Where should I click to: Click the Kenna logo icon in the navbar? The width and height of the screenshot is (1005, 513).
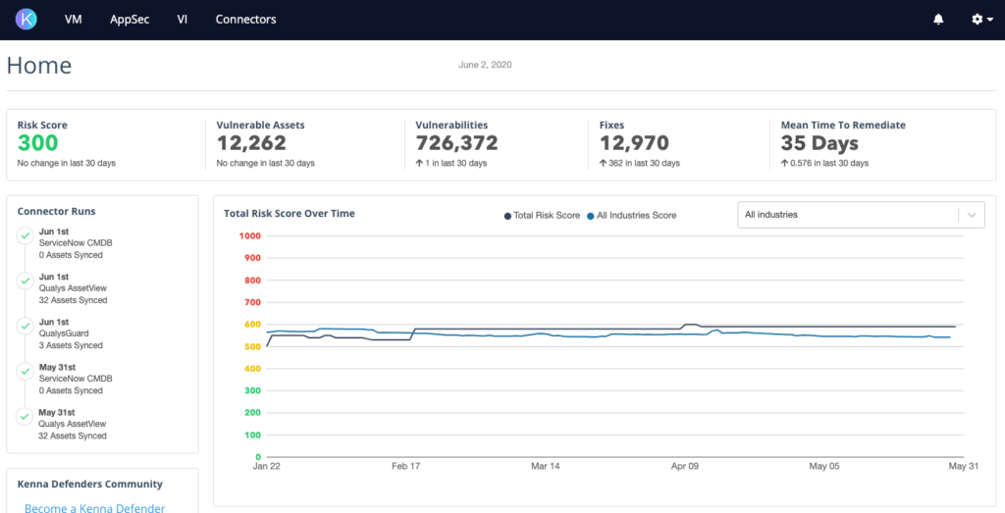26,19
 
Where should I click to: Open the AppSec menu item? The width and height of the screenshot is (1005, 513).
130,20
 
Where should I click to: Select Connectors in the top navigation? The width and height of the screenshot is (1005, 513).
245,20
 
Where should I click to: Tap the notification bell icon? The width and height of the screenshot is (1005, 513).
938,20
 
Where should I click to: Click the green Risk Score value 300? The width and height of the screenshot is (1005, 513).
38,143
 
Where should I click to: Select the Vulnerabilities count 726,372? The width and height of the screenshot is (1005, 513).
456,143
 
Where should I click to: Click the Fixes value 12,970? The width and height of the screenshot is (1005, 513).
634,143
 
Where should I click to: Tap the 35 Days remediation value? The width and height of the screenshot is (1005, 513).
820,143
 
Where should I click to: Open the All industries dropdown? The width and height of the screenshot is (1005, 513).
860,215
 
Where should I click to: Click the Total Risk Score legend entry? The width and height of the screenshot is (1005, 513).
542,215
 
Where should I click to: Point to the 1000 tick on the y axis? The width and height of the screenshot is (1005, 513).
248,235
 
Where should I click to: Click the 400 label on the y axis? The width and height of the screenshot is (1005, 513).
251,369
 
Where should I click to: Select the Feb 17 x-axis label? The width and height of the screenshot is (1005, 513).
405,467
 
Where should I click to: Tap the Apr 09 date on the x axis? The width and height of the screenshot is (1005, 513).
684,467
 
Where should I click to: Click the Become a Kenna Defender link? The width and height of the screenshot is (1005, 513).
94,507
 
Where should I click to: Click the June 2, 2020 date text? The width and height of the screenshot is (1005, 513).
485,65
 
